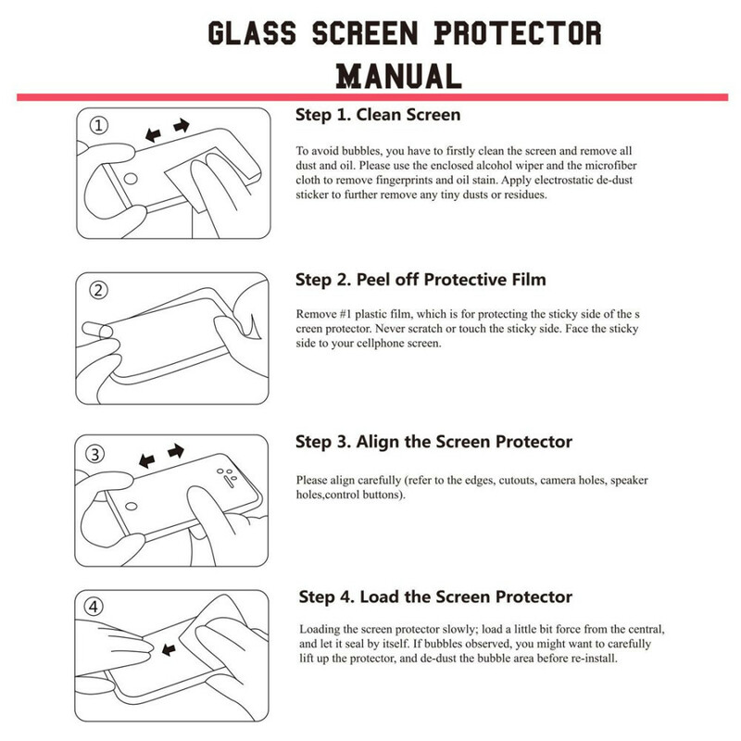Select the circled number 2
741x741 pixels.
coord(99,290)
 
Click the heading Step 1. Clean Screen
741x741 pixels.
coord(378,116)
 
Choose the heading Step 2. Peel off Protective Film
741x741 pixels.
coord(421,279)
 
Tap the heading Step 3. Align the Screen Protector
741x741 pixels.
coord(433,442)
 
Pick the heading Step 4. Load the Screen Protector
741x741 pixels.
coord(435,597)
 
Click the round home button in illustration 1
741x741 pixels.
coord(132,178)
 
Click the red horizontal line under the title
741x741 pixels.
coord(370,96)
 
